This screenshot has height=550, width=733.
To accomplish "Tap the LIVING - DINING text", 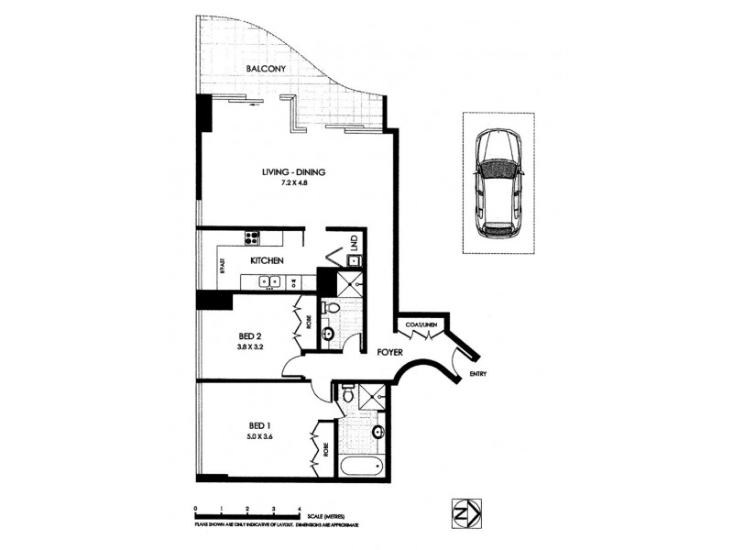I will click(x=294, y=171).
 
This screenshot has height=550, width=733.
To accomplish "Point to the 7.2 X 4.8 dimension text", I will click(x=294, y=184).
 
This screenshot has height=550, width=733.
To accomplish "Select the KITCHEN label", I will click(x=267, y=261).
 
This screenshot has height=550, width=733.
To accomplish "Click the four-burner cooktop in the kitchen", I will click(x=252, y=239).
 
